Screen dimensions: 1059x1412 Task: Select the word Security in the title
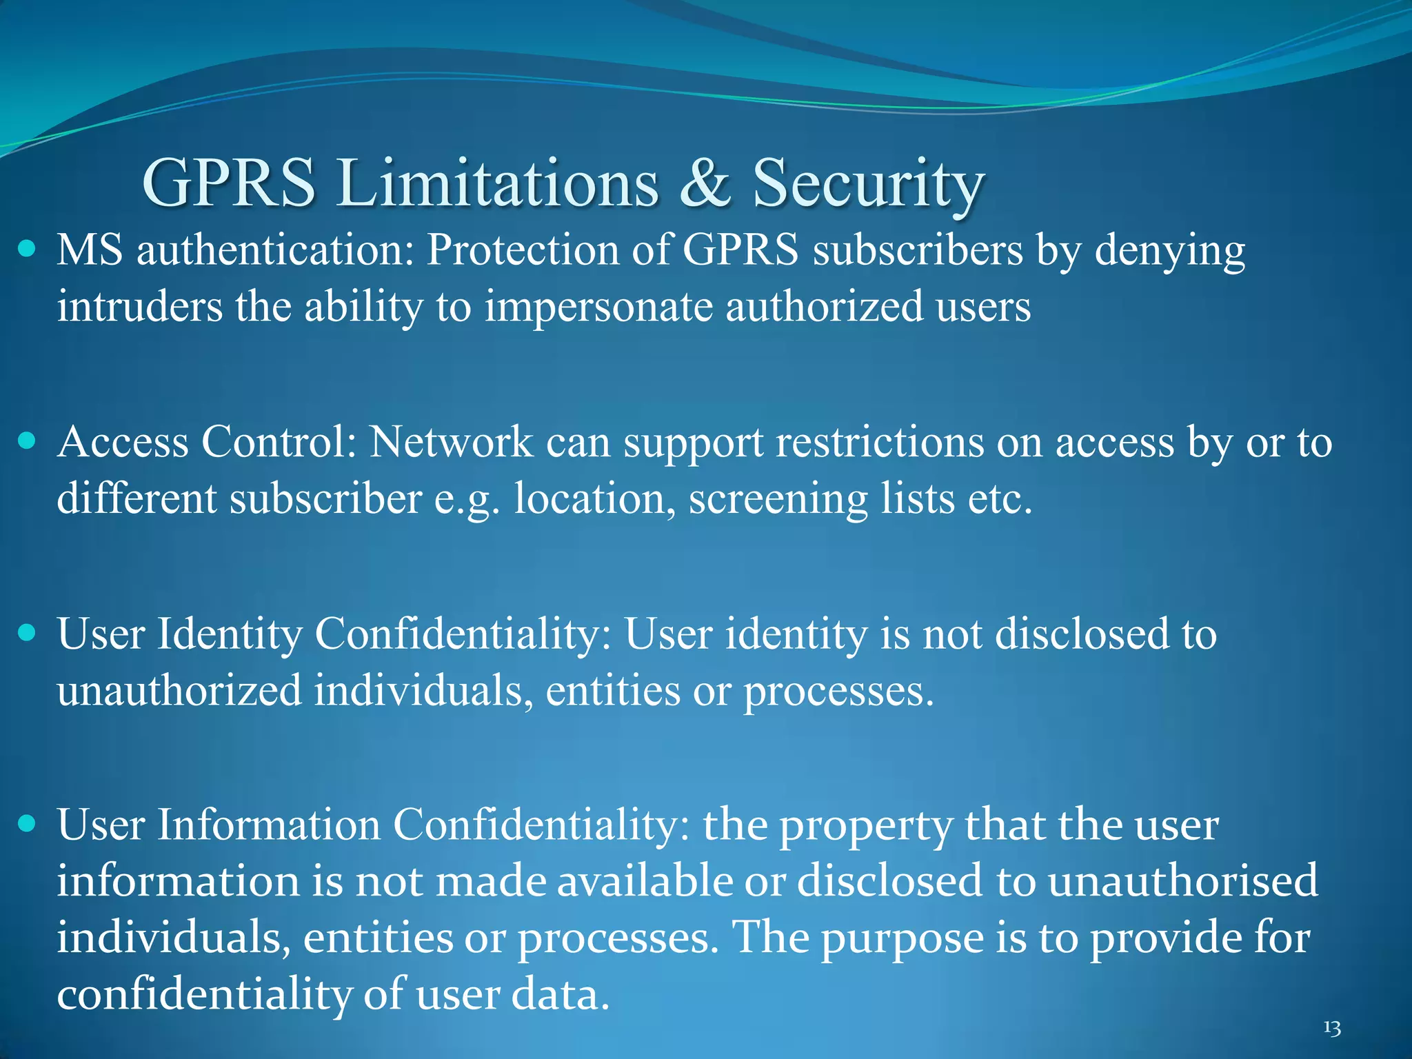(x=868, y=185)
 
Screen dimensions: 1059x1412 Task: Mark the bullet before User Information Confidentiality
(x=27, y=823)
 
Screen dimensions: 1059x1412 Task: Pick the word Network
(x=452, y=441)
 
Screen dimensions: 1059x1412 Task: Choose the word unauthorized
(x=179, y=690)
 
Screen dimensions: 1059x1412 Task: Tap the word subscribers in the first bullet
(x=918, y=249)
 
